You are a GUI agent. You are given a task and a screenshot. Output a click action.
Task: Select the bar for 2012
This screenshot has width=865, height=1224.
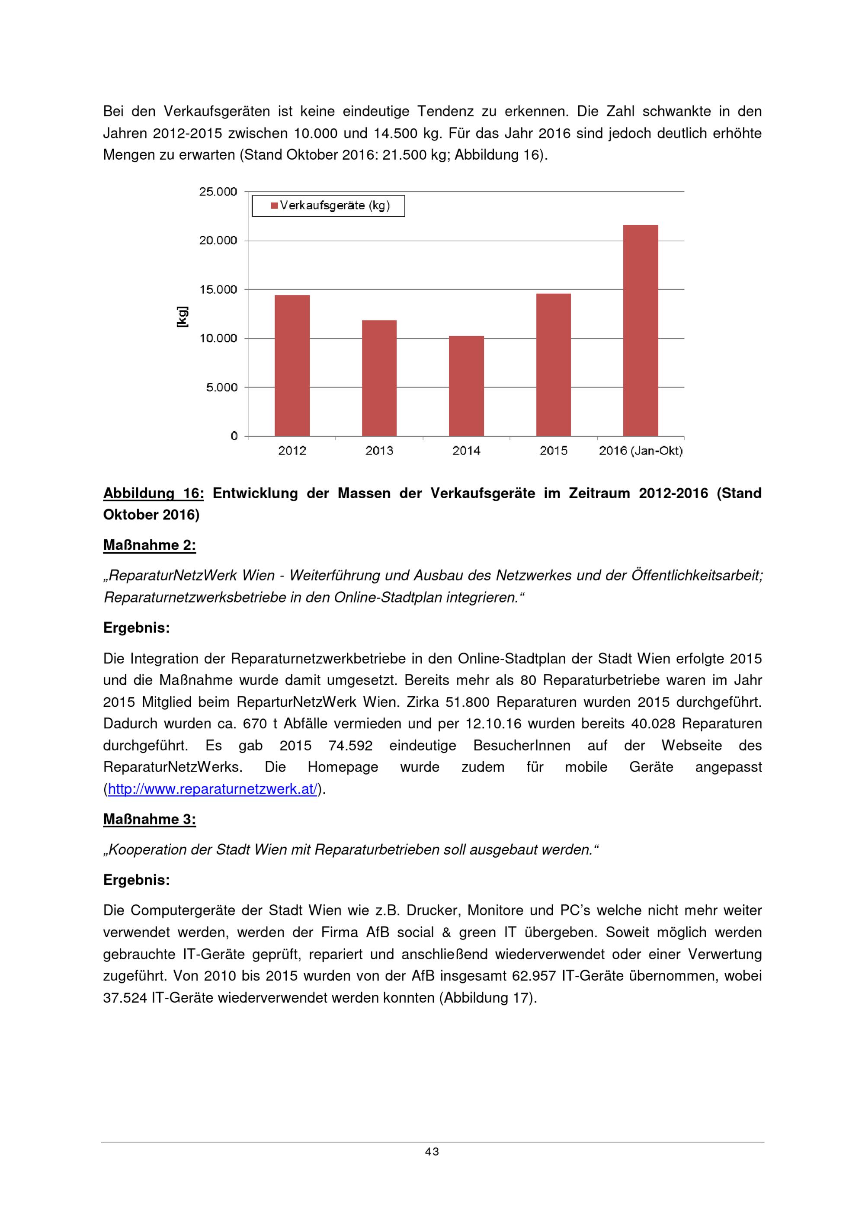point(292,366)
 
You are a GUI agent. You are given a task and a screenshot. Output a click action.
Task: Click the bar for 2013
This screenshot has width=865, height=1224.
point(379,378)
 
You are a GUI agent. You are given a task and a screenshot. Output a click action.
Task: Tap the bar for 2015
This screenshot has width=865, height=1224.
point(553,365)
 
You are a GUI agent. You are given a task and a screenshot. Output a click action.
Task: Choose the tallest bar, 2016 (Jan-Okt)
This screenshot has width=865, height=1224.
point(640,330)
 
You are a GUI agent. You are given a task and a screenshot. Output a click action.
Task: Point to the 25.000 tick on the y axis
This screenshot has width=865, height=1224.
point(218,192)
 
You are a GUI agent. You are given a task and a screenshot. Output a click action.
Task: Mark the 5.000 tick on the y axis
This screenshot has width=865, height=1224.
point(222,388)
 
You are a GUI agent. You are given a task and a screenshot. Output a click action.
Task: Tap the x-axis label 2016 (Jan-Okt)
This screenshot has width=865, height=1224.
point(641,451)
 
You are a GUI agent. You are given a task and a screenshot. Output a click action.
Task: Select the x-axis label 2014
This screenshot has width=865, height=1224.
point(466,451)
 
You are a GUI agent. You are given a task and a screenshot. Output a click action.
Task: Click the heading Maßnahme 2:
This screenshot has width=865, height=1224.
point(149,545)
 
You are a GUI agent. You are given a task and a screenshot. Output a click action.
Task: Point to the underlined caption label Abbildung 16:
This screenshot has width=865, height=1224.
point(154,493)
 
